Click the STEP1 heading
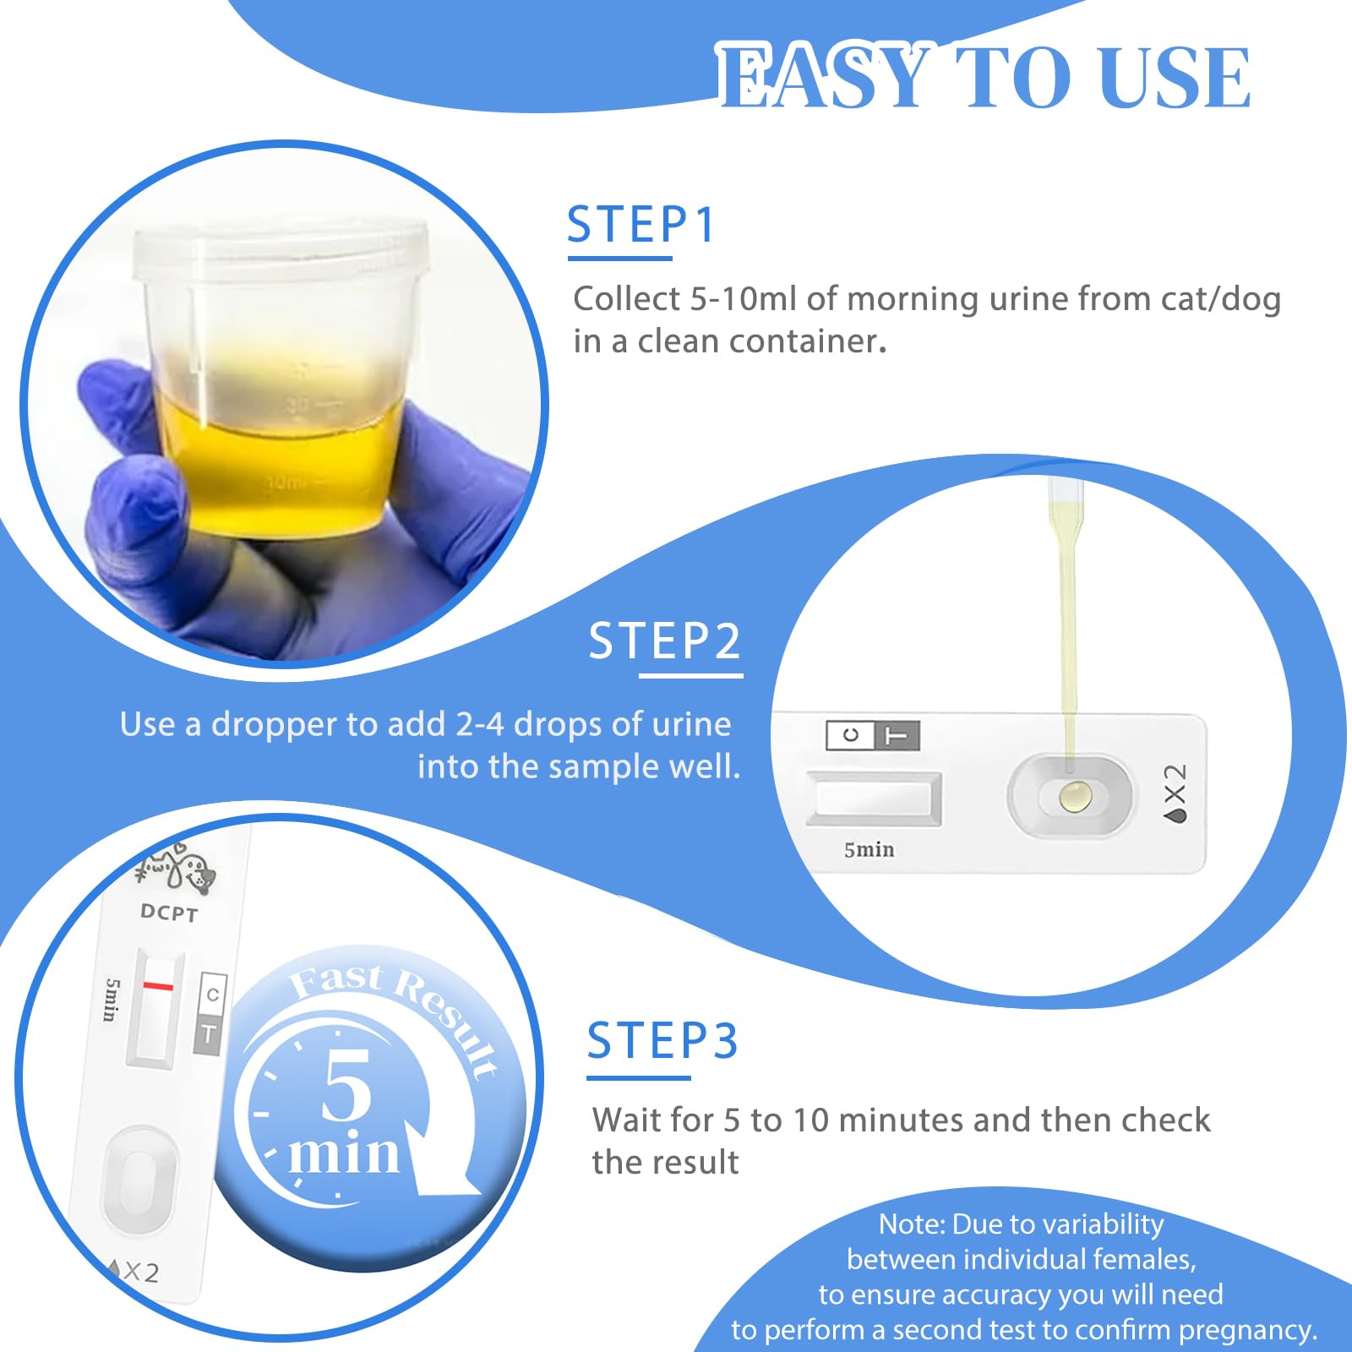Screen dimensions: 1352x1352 click(x=641, y=225)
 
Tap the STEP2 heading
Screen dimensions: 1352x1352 click(x=664, y=641)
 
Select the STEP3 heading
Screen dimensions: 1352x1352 click(x=662, y=1040)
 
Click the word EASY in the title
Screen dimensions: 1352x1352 click(x=824, y=78)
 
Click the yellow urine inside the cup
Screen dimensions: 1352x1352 click(x=279, y=473)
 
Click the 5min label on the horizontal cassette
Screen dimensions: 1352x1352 click(x=869, y=850)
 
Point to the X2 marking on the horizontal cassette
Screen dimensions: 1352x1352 click(x=1175, y=794)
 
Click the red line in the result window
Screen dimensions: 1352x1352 click(x=158, y=986)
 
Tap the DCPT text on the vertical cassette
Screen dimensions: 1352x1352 click(x=169, y=913)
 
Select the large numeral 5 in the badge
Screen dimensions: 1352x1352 click(x=347, y=1086)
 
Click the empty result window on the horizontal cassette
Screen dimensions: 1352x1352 click(x=874, y=797)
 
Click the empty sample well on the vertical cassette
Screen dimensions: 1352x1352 click(x=139, y=1178)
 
